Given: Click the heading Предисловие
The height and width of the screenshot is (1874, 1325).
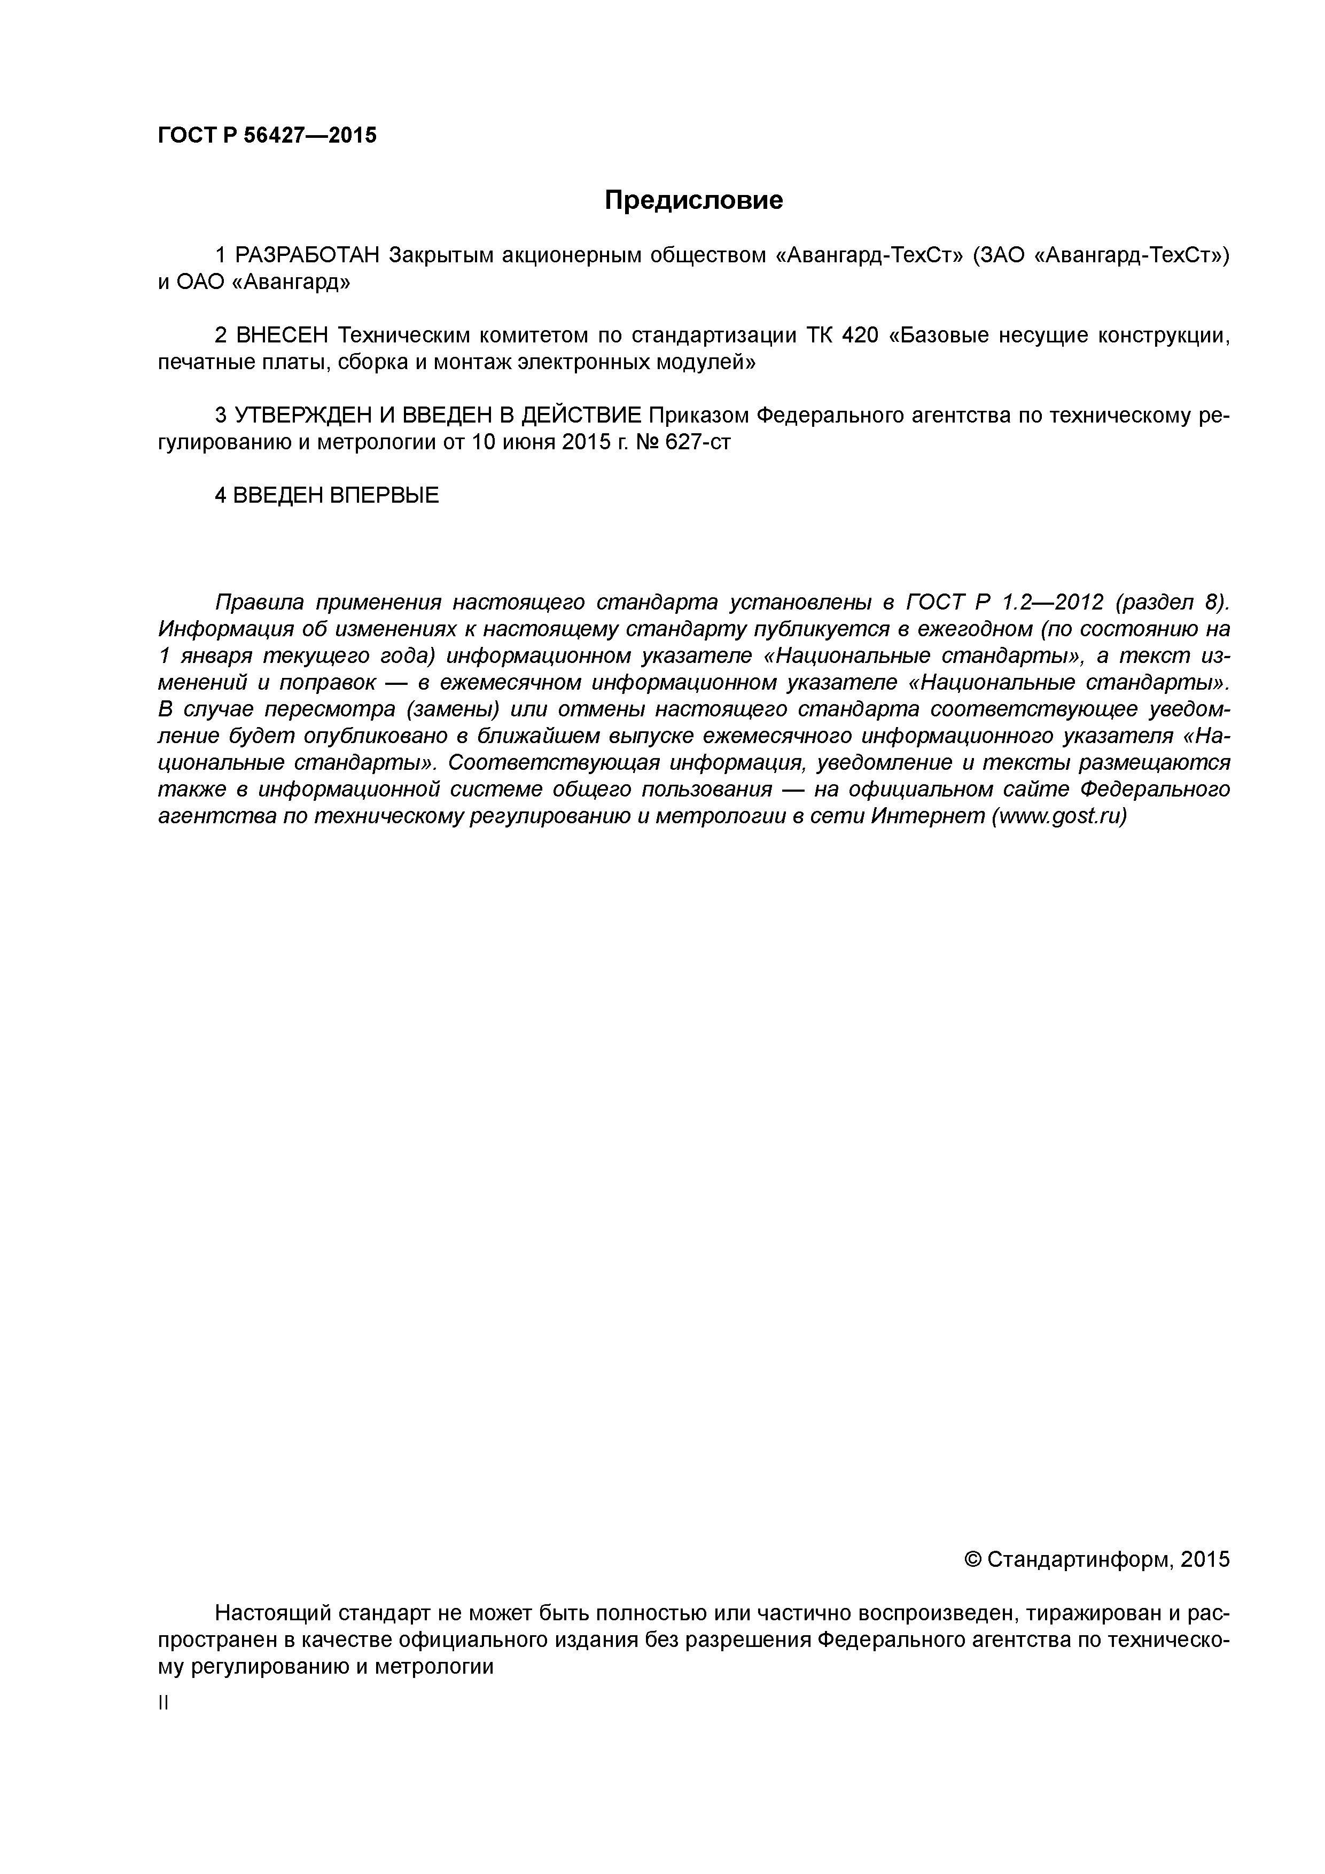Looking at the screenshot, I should coord(693,200).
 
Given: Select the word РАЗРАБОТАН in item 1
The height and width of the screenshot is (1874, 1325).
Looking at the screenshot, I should coord(308,255).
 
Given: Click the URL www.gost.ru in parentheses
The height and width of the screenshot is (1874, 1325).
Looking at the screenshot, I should coord(1059,816).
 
